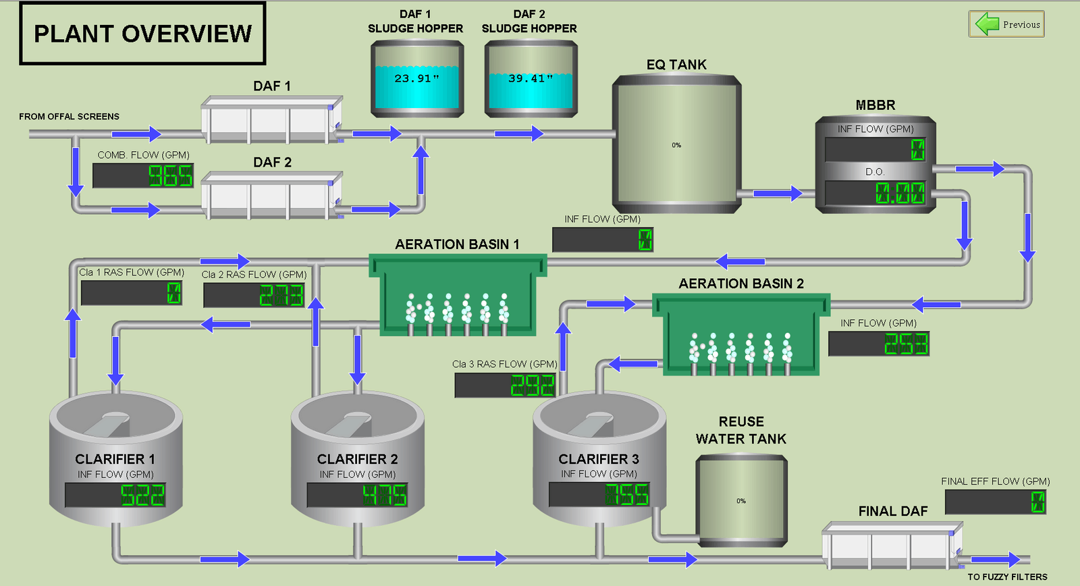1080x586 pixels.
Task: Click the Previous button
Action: click(1006, 24)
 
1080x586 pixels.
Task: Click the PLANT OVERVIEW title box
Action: click(142, 34)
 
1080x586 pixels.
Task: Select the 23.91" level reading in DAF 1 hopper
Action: click(416, 78)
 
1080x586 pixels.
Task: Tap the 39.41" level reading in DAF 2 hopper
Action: click(531, 78)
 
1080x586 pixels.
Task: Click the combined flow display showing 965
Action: click(143, 176)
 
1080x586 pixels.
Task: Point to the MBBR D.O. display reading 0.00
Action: click(875, 193)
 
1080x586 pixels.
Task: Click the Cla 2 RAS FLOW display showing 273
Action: click(254, 295)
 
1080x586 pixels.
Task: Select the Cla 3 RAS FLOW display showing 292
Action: click(506, 385)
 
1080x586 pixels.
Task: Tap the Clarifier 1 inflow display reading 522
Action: click(115, 495)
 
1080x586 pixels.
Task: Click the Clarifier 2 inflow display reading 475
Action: click(357, 495)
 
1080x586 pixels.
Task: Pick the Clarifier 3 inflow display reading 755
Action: click(599, 494)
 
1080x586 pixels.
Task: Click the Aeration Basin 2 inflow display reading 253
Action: click(879, 344)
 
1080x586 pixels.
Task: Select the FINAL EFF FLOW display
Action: click(996, 502)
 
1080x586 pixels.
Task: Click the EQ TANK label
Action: click(676, 65)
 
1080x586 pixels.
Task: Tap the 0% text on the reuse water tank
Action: click(741, 501)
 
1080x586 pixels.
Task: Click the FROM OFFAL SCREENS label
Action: click(69, 117)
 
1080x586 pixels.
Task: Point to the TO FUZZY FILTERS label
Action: click(1007, 577)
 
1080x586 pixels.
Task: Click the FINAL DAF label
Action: click(893, 512)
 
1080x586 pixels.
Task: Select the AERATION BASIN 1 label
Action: click(457, 244)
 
